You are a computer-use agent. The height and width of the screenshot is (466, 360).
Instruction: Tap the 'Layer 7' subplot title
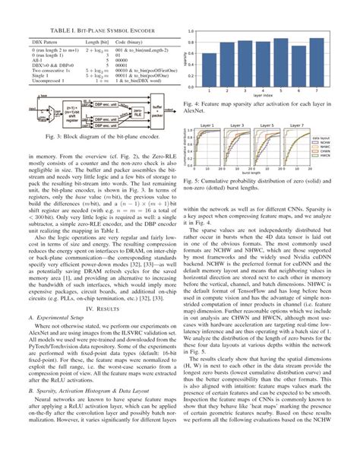click(x=296, y=124)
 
